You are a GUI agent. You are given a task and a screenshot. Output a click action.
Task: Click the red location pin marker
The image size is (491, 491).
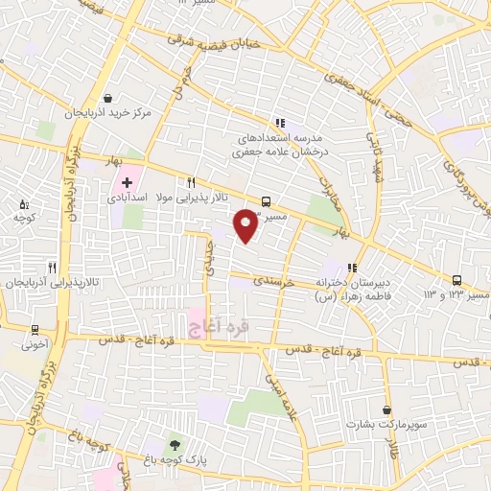tap(246, 224)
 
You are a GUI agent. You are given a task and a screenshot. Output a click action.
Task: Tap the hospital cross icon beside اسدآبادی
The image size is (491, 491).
tap(126, 181)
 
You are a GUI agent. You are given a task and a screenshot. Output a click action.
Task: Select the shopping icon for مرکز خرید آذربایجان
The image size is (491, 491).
tap(108, 97)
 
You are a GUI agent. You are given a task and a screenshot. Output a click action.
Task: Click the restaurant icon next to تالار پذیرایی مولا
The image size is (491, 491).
tap(192, 182)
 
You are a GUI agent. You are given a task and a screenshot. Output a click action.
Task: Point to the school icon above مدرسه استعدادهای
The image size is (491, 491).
tap(279, 123)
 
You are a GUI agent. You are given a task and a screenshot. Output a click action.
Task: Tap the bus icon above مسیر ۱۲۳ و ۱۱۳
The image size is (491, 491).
tap(457, 280)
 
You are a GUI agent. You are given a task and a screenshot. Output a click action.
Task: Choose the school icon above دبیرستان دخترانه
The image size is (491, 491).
tap(352, 268)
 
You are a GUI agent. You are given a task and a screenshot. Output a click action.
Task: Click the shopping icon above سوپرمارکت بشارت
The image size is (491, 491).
tap(386, 409)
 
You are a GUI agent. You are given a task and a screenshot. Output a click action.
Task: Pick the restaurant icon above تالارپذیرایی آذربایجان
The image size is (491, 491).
tap(52, 269)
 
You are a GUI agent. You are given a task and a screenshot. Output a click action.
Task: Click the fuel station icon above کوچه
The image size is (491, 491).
tap(24, 204)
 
